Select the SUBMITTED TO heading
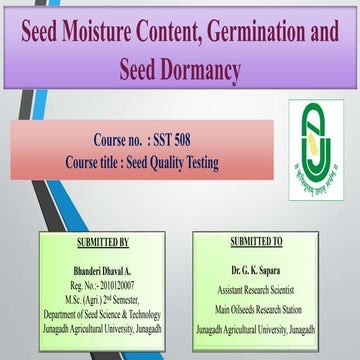click(257, 242)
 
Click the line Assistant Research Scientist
click(257, 283)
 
